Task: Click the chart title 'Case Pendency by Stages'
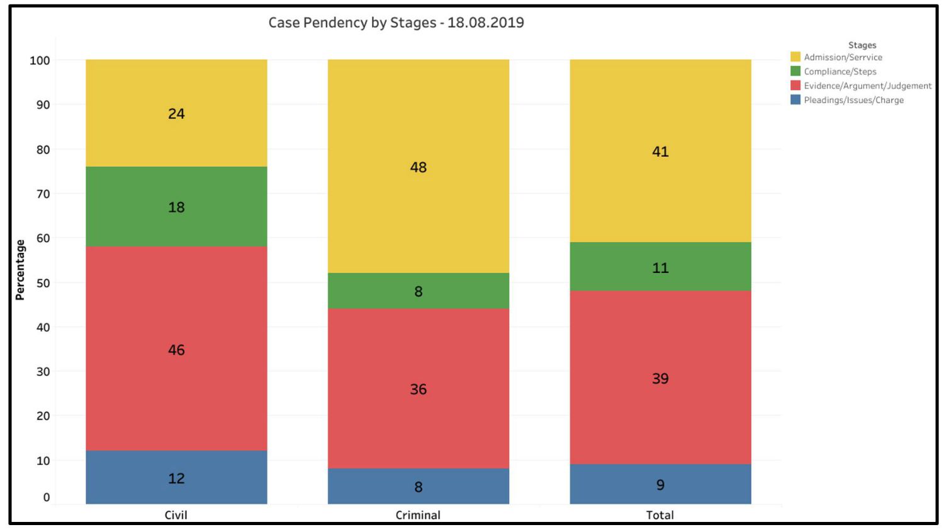(396, 23)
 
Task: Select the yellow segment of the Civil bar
(176, 113)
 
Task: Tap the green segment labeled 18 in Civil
(176, 206)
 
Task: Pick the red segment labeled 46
(176, 349)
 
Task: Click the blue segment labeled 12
(176, 477)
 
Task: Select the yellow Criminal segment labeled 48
(418, 167)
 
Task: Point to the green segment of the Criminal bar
(418, 291)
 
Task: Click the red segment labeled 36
(418, 389)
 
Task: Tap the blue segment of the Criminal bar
(418, 486)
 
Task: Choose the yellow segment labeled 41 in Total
(660, 151)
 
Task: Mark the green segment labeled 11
(660, 267)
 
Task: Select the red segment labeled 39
(660, 378)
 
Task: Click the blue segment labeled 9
(660, 484)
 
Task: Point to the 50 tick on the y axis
(43, 283)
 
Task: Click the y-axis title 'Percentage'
(20, 270)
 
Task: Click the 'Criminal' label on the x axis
(418, 515)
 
